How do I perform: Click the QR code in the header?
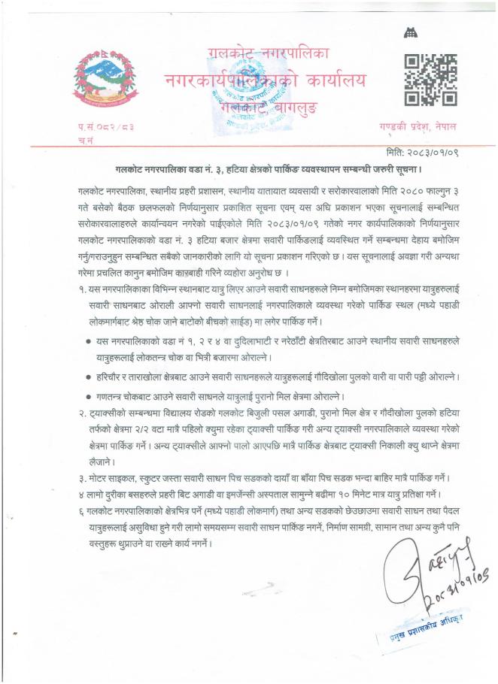[x=430, y=79]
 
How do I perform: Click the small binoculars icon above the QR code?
[x=410, y=32]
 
